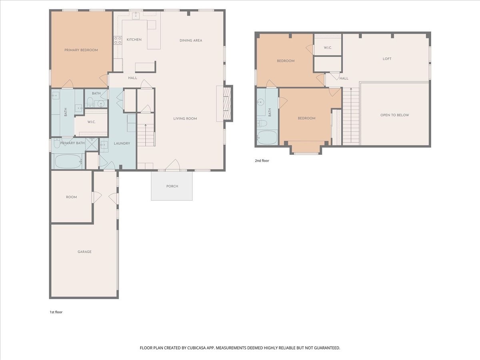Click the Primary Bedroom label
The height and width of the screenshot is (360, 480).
(81, 50)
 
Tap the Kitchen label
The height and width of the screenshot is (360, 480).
(134, 40)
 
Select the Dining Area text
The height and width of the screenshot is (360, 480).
(191, 40)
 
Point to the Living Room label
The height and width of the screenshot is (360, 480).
(185, 118)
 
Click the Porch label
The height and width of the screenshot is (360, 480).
(172, 186)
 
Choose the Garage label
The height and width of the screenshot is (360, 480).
(84, 252)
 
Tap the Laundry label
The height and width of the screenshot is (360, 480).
(122, 143)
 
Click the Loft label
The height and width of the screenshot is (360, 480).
(387, 59)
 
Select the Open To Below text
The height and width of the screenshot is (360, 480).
(394, 115)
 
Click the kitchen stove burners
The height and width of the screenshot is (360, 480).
(118, 41)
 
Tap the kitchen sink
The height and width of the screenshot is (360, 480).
(136, 16)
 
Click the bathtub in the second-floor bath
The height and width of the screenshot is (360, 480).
(267, 138)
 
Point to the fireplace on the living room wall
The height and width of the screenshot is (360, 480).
(228, 103)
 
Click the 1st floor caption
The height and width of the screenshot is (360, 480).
(56, 312)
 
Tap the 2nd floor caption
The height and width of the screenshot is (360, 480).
(262, 161)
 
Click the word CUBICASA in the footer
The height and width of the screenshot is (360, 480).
(196, 348)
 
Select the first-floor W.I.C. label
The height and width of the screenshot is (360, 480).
(92, 122)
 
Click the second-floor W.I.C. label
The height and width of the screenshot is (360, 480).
(328, 48)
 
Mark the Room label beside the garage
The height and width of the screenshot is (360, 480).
(71, 197)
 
